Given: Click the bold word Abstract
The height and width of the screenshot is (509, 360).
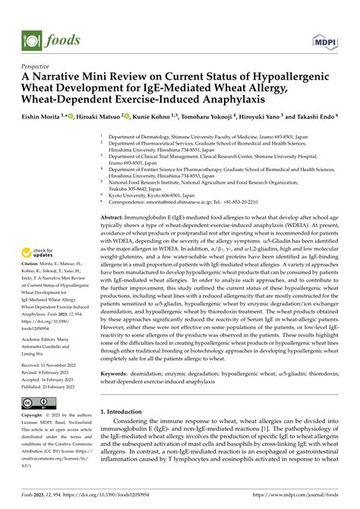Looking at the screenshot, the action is (x=114, y=217).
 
